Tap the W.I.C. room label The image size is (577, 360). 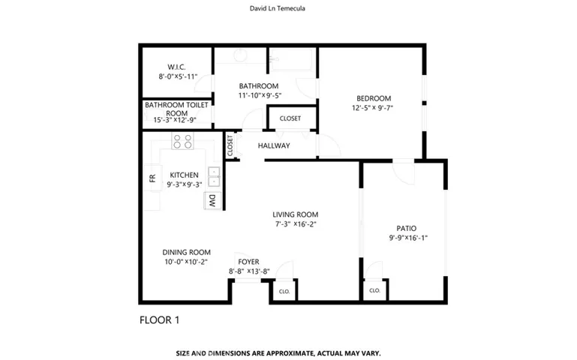click(177, 67)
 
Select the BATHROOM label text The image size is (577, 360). click(259, 85)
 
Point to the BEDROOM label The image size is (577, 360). click(373, 98)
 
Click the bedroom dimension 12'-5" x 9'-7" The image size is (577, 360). click(373, 108)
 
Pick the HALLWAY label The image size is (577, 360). click(274, 145)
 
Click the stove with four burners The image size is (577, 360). click(182, 140)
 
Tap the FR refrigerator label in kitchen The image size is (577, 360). click(152, 178)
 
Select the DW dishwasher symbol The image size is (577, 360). click(212, 200)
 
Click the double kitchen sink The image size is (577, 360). click(214, 175)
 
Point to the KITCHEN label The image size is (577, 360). click(184, 175)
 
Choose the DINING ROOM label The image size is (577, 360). click(186, 252)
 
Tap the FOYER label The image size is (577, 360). click(248, 262)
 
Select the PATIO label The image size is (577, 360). click(407, 228)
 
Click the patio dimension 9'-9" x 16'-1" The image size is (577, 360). click(408, 238)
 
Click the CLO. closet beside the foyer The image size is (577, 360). click(284, 291)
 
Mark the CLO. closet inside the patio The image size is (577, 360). click(374, 290)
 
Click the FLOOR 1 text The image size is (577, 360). click(159, 320)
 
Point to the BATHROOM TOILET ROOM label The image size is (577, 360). click(177, 109)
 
